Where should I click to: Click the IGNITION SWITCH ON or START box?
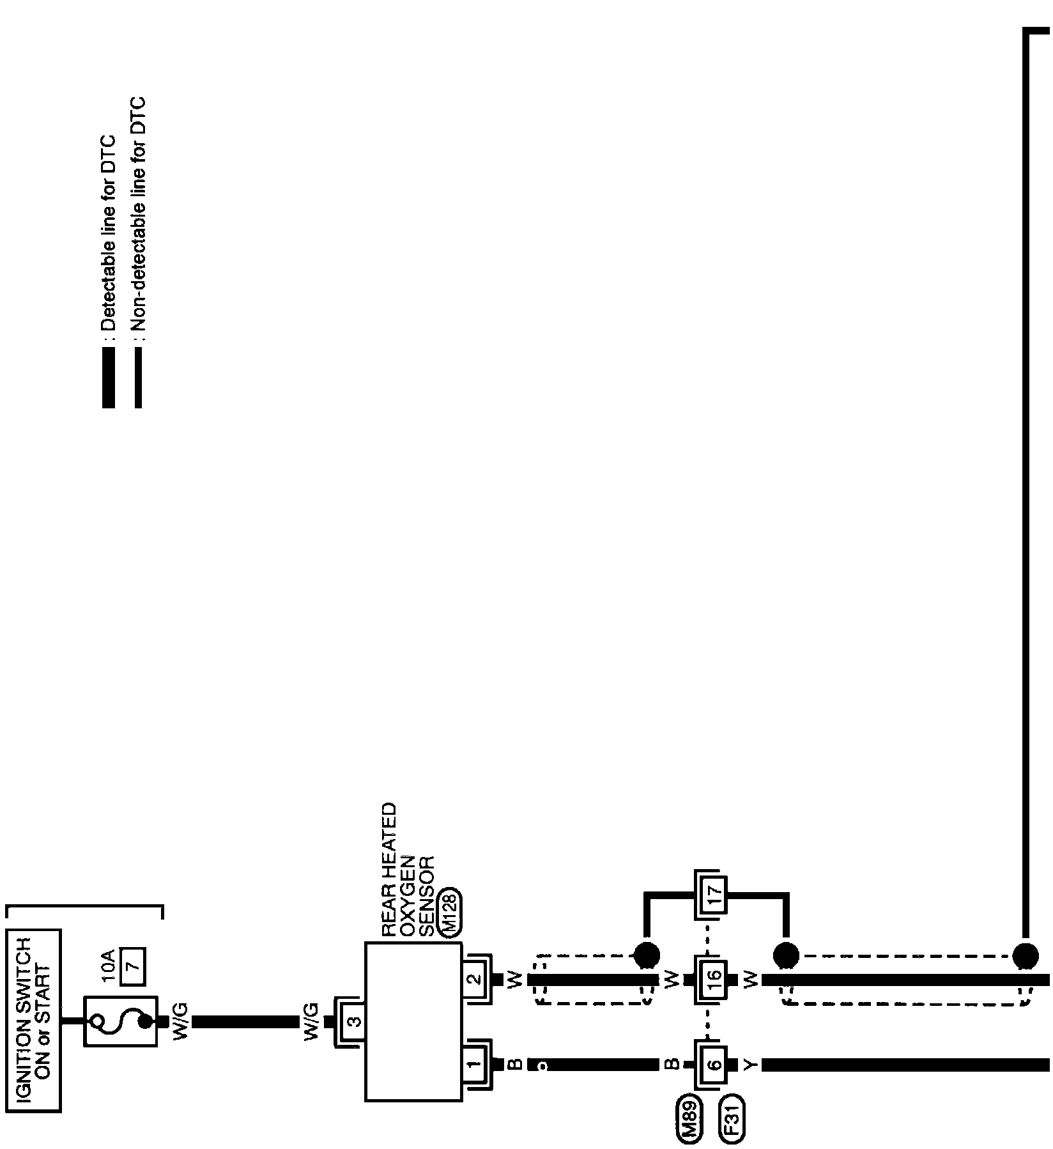pyautogui.click(x=33, y=1021)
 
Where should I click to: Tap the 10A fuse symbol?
pyautogui.click(x=121, y=1021)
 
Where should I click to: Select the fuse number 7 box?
pyautogui.click(x=135, y=967)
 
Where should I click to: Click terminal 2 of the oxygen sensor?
pyautogui.click(x=475, y=979)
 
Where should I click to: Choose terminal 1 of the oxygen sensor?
pyautogui.click(x=475, y=1064)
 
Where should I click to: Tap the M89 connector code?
pyautogui.click(x=688, y=1120)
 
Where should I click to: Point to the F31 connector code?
pyautogui.click(x=732, y=1120)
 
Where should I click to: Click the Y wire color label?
pyautogui.click(x=751, y=1064)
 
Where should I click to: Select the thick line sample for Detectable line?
pyautogui.click(x=109, y=377)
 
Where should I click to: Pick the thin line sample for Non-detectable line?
pyautogui.click(x=138, y=377)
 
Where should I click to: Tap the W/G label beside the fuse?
pyautogui.click(x=181, y=1022)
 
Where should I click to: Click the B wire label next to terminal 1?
pyautogui.click(x=515, y=1064)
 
